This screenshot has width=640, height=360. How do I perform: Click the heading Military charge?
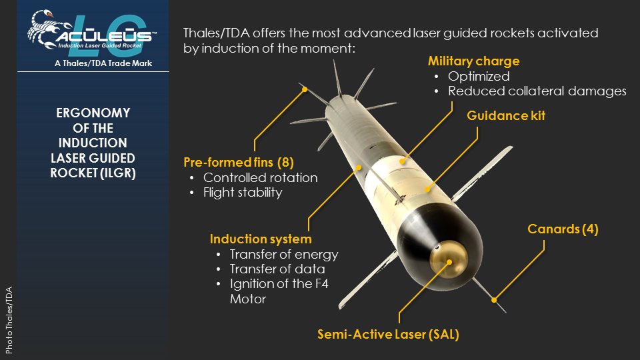pos(473,61)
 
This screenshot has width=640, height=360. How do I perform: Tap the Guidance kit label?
pos(506,115)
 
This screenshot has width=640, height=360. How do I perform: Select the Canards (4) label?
pos(563,229)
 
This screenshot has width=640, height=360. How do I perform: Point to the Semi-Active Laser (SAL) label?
pos(388,334)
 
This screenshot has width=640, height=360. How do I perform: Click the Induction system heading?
pos(261,239)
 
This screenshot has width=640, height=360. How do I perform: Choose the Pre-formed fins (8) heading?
pos(239,163)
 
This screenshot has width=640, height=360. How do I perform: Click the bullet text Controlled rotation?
pos(261,177)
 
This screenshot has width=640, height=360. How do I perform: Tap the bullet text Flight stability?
pos(243,192)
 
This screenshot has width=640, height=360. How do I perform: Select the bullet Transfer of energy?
pos(284,254)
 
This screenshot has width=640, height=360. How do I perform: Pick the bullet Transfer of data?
pos(277,269)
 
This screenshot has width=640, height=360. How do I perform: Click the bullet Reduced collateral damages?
pos(537,91)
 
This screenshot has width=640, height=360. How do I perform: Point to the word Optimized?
pos(479,76)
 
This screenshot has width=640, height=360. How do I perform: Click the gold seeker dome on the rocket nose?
pos(448,259)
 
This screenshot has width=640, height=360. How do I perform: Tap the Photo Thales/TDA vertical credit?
pos(9,320)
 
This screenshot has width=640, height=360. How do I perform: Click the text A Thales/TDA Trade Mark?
pos(103,63)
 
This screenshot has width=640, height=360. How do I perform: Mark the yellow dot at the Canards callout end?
pos(494,300)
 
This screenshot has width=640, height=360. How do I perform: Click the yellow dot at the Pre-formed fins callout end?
pos(305,89)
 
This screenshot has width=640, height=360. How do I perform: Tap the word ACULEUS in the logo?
pos(104,36)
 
